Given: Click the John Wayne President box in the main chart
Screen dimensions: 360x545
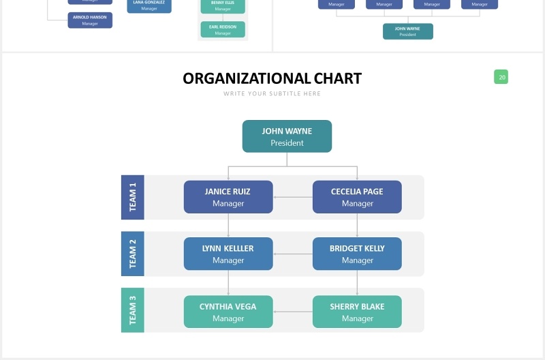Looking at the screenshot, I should [x=287, y=136].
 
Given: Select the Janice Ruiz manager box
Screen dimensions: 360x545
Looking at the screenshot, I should [x=228, y=197].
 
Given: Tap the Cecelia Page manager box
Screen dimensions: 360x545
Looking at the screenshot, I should [x=357, y=197].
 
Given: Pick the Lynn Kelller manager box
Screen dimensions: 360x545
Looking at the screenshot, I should [x=228, y=254].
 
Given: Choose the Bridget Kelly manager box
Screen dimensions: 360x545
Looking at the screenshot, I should [x=357, y=254].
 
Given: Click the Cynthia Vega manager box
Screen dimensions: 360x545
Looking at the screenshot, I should [x=228, y=312].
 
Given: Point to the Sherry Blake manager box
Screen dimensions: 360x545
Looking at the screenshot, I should [x=357, y=312].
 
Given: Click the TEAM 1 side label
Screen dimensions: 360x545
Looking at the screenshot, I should [x=132, y=197].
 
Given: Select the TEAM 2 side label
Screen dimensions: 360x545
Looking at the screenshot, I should [x=132, y=254].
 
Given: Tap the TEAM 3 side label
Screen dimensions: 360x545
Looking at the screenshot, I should [x=132, y=310].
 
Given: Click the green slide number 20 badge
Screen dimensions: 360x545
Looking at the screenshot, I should [x=501, y=77].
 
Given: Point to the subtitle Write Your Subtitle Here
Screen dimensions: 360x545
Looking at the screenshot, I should [x=272, y=93].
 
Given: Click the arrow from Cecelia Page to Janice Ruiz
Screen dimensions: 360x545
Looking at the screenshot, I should [x=292, y=197].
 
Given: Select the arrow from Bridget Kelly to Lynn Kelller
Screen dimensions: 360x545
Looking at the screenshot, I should [x=292, y=254].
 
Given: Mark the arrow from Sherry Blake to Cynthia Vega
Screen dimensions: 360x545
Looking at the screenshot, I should [x=292, y=312].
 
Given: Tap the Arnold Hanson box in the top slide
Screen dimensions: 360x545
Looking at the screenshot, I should [x=90, y=20].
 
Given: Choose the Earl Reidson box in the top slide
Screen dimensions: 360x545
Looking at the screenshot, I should [x=223, y=29].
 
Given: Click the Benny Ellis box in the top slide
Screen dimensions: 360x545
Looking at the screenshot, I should [x=223, y=6].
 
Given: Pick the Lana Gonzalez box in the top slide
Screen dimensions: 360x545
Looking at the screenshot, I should [x=149, y=5].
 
